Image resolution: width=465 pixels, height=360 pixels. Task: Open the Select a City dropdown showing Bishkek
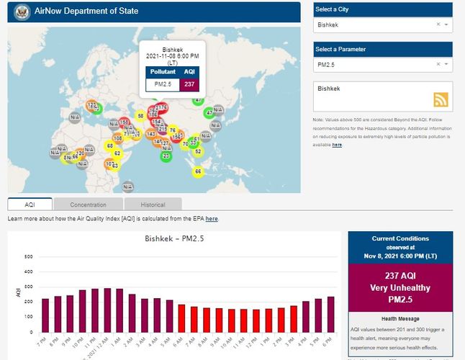pos(382,24)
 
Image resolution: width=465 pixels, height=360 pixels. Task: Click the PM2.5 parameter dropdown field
pos(382,65)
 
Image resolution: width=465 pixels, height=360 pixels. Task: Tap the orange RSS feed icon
pos(441,99)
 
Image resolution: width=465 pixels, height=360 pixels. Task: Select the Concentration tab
pos(88,205)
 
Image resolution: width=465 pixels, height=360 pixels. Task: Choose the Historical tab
pos(153,205)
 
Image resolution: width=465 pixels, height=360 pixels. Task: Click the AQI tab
pos(30,205)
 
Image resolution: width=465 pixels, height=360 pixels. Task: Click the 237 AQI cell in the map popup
pos(189,84)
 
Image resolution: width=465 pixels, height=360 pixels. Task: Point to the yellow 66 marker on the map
pos(199,171)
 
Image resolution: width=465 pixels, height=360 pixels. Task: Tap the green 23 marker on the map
pos(166,156)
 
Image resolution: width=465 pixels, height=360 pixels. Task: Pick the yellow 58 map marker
pos(140,115)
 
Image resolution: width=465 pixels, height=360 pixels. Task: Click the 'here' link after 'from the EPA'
pos(212,218)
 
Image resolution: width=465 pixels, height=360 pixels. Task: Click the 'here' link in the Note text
pos(337,145)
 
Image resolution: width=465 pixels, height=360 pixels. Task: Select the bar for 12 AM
pos(108,310)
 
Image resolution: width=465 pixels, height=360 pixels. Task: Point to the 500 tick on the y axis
pos(29,257)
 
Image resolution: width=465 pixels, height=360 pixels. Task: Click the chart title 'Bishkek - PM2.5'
pos(174,238)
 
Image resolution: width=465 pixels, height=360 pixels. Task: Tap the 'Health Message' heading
pos(400,318)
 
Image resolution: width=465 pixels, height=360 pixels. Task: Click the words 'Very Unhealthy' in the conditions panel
pos(400,287)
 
